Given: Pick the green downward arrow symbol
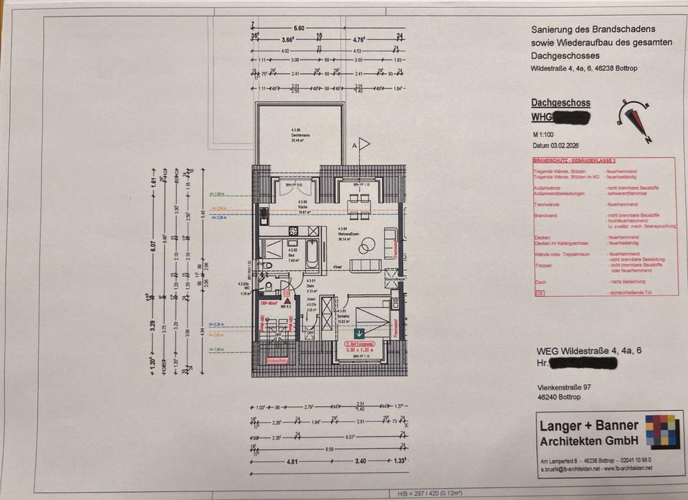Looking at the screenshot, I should click(359, 333).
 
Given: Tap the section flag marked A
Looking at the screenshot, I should click(363, 144).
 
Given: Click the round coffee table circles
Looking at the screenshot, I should click(365, 245).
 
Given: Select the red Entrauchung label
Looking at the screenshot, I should click(277, 360).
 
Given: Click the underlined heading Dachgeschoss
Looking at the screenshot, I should click(560, 103).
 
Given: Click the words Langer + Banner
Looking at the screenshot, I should click(588, 425).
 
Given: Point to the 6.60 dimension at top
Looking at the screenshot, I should click(299, 27).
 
